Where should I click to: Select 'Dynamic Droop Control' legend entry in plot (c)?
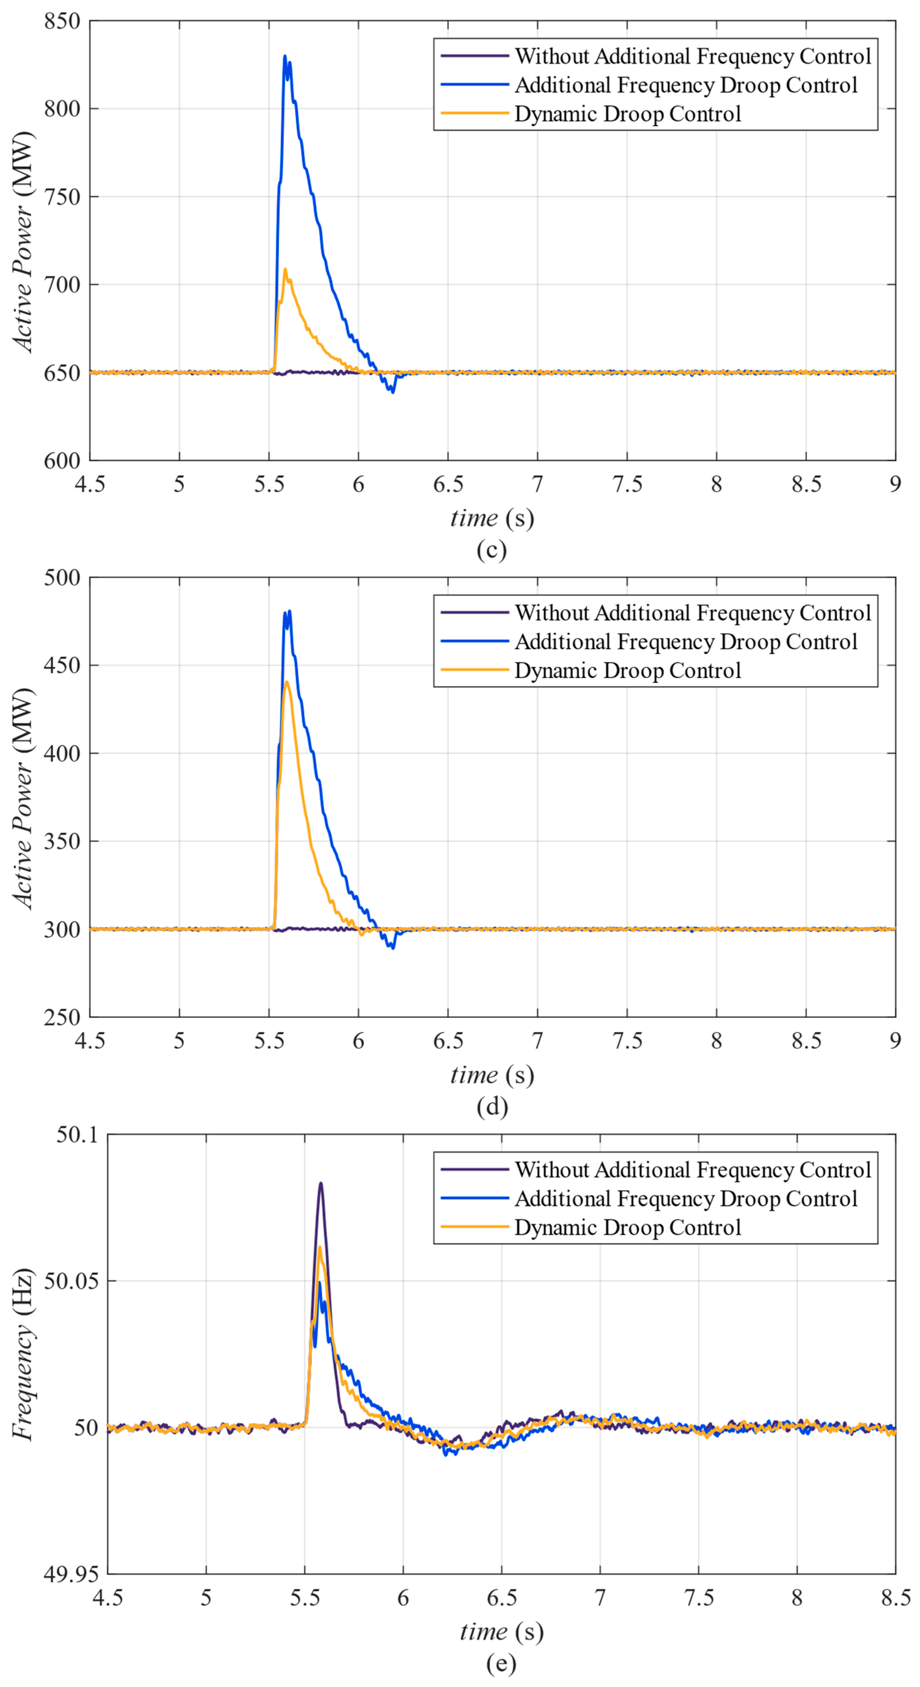pyautogui.click(x=627, y=114)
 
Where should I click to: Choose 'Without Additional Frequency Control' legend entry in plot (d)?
pyautogui.click(x=693, y=613)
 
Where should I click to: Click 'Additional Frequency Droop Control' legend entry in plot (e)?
pyautogui.click(x=686, y=1198)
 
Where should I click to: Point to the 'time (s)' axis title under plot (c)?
pyautogui.click(x=491, y=518)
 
